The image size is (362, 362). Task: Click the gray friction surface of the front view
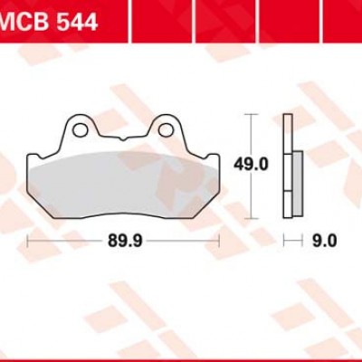[124, 186]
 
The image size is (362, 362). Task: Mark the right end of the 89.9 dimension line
[220, 242]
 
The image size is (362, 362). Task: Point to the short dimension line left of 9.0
[291, 242]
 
